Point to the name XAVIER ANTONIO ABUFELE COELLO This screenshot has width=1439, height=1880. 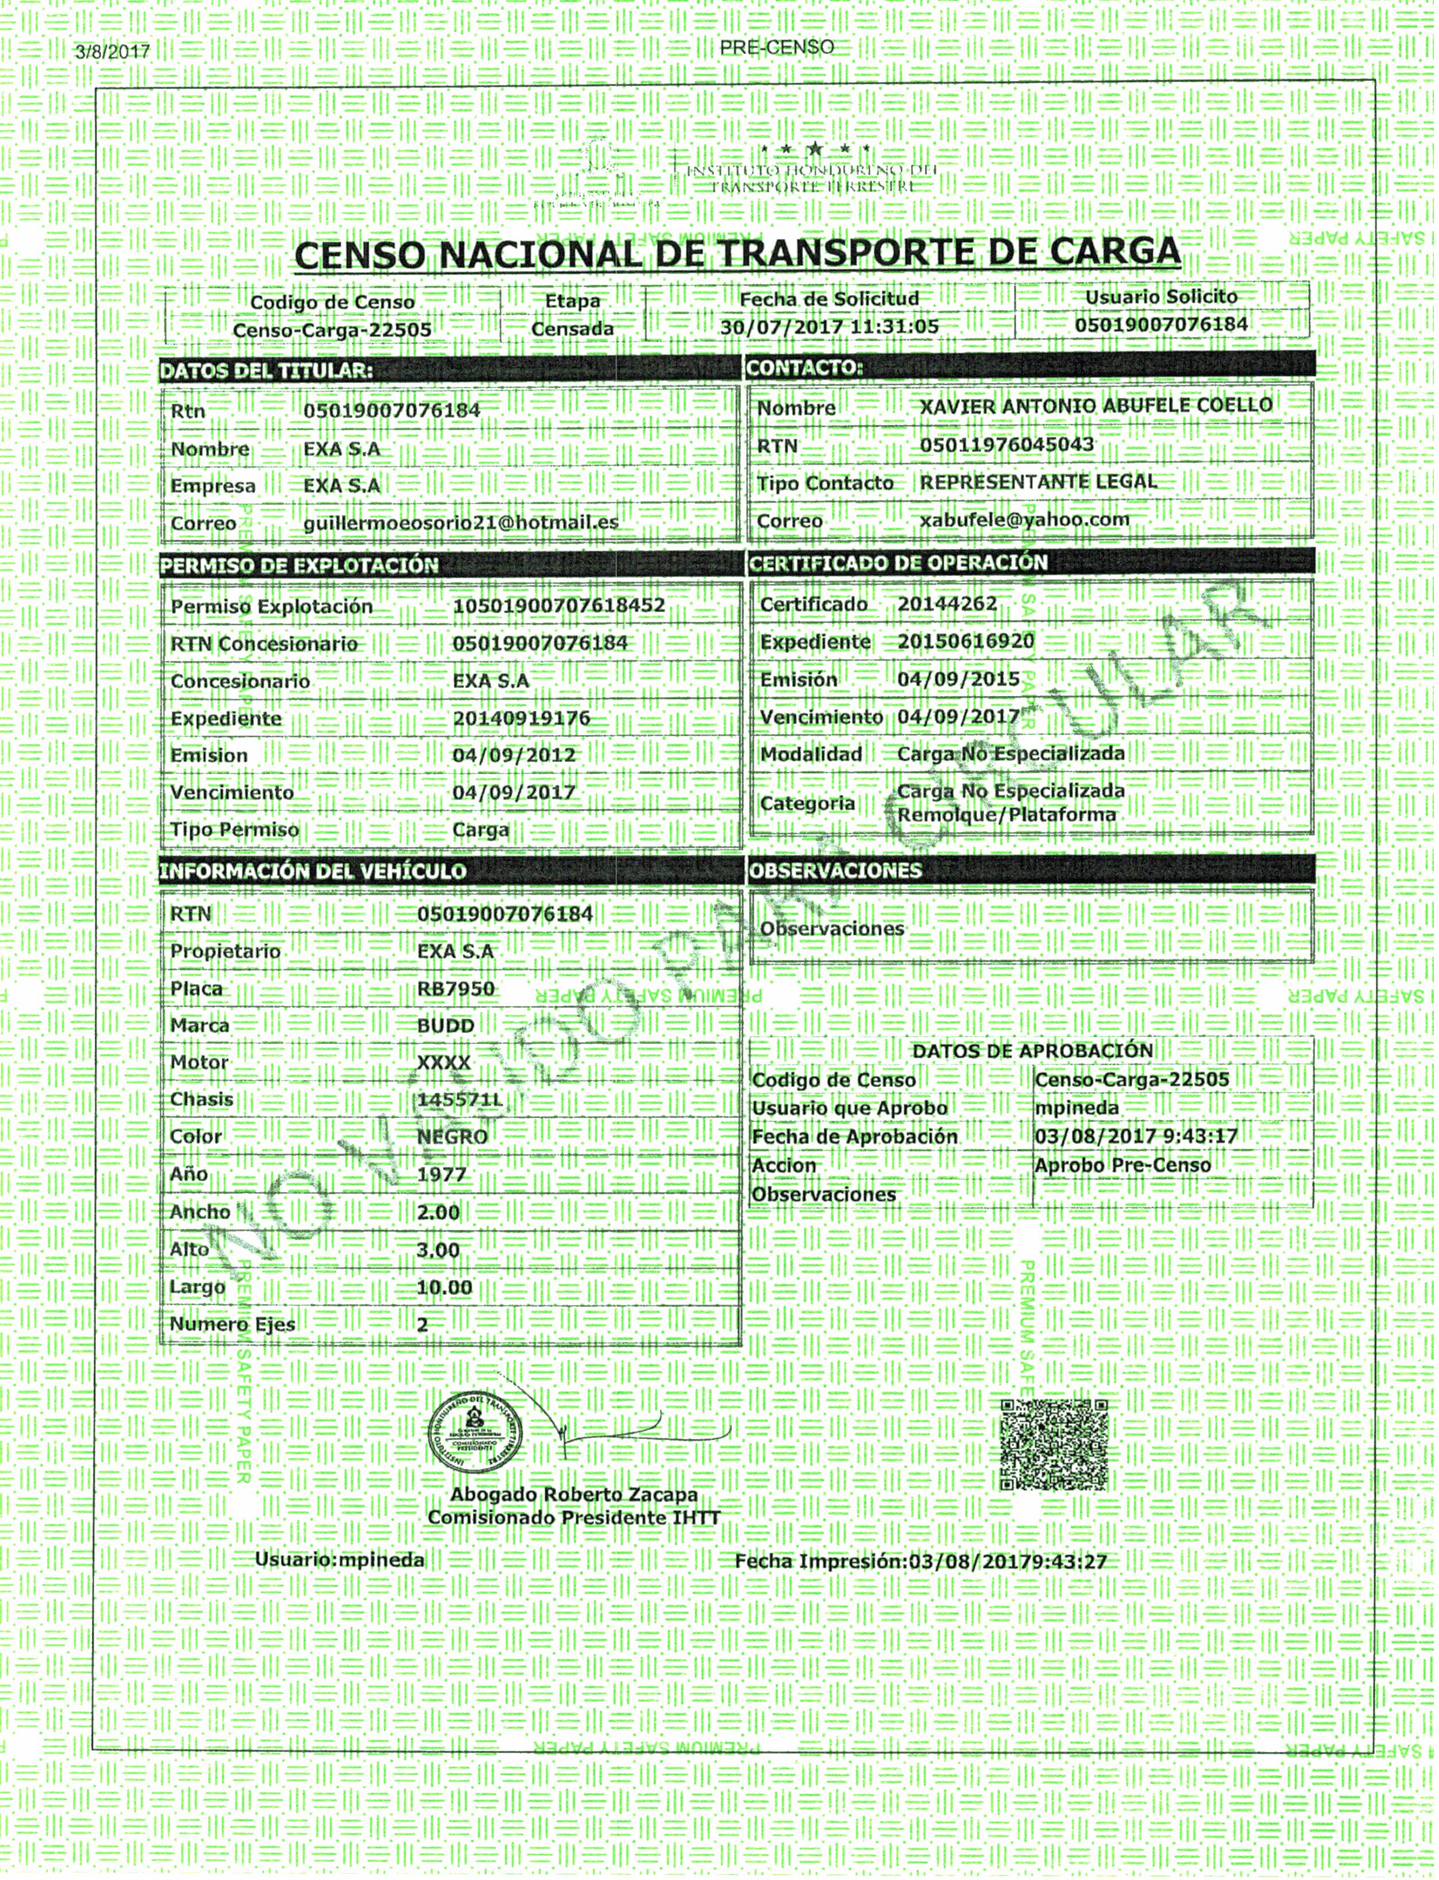coord(1095,406)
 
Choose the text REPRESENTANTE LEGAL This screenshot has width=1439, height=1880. coord(1038,481)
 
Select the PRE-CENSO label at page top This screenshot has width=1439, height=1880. coord(777,48)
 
